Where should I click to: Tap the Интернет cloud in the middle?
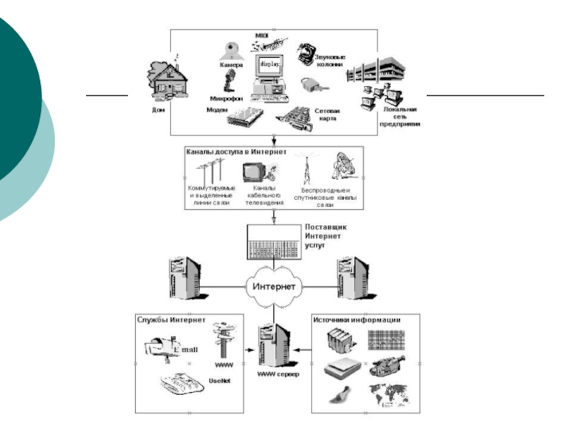[x=274, y=287]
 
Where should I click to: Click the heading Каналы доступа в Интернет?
[x=236, y=152]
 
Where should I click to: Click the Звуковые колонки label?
[x=329, y=59]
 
